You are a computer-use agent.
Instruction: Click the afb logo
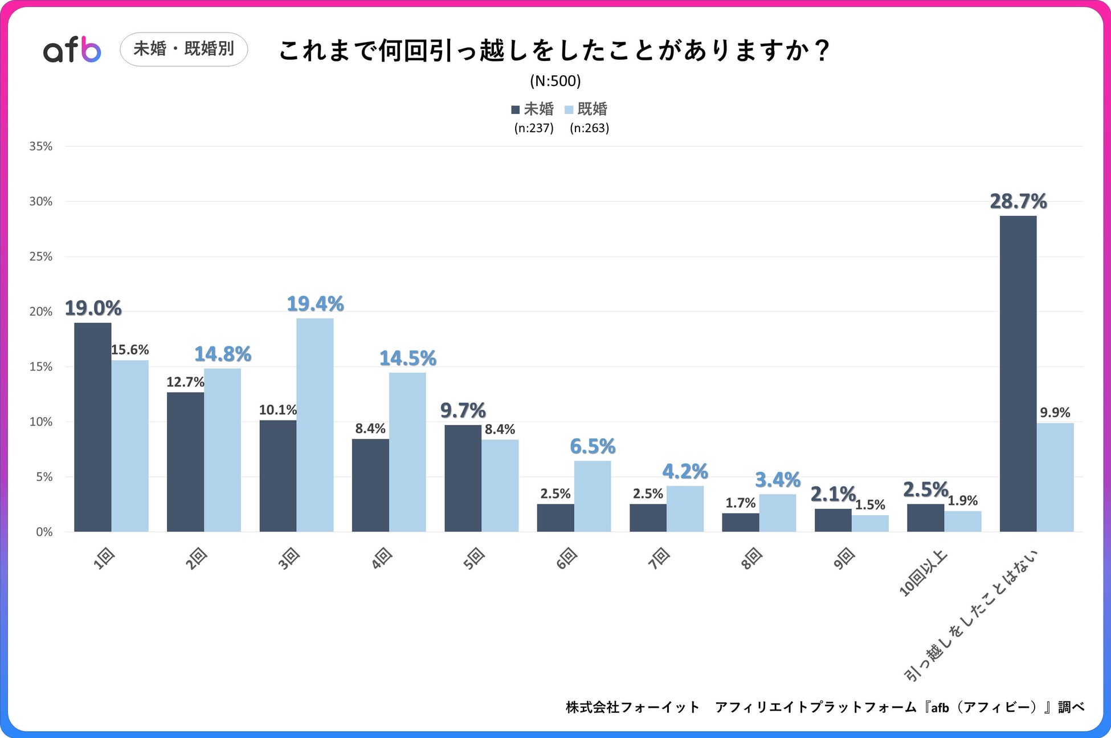tap(72, 50)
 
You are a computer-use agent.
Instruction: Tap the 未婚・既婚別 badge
tap(183, 50)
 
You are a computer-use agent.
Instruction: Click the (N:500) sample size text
tap(555, 81)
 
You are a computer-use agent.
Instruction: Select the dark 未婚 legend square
tap(516, 109)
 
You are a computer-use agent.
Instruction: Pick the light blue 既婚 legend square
tap(569, 109)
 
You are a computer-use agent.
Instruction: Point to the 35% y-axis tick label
tap(41, 146)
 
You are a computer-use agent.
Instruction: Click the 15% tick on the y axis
tap(41, 367)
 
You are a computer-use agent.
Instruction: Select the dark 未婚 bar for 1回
tap(93, 427)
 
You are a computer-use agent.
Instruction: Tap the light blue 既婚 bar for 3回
tap(315, 425)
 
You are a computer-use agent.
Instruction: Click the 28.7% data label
tap(1018, 202)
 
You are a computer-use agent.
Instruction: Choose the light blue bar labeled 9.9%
tap(1055, 477)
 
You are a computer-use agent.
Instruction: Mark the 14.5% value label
tap(408, 358)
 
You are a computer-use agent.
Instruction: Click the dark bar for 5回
tap(463, 479)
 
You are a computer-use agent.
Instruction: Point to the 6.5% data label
tap(593, 447)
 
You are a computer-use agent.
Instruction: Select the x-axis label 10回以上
tap(923, 573)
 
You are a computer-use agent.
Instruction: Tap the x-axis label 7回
tap(659, 558)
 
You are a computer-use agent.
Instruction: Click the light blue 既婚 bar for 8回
tap(778, 513)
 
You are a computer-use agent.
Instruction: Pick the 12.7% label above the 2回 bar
tap(185, 382)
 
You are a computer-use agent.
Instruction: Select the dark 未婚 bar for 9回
tap(833, 520)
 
